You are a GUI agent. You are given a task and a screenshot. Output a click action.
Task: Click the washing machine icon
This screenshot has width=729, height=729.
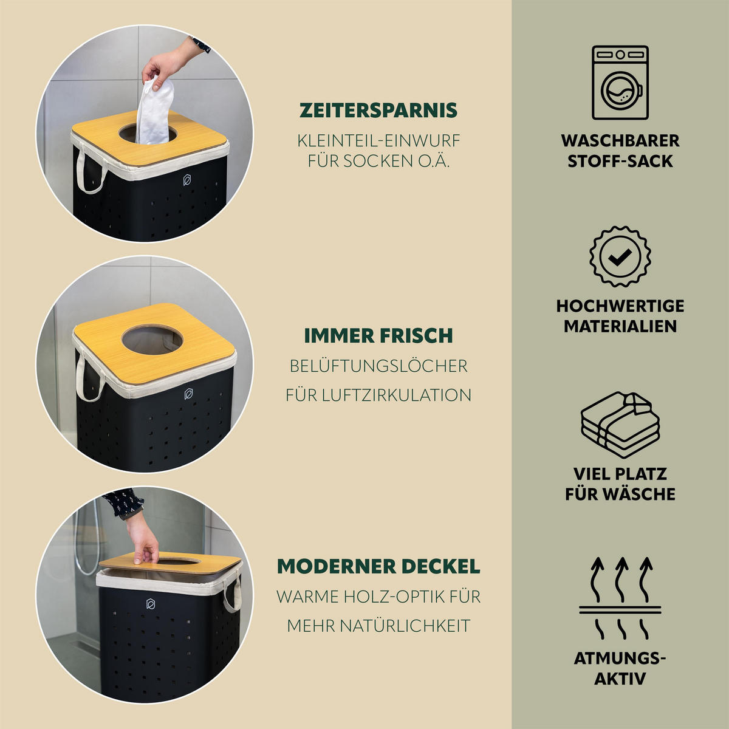coord(620,83)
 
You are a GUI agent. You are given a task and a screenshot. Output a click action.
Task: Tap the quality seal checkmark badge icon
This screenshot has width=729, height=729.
coord(620,256)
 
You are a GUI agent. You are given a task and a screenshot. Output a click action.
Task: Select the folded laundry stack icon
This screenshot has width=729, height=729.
coord(620,425)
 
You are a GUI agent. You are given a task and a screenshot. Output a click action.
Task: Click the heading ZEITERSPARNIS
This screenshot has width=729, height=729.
coord(378,111)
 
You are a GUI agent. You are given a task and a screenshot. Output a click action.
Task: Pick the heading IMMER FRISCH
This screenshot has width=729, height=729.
coord(378,335)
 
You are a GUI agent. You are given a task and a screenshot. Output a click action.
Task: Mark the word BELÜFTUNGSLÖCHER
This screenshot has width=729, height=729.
coord(378,366)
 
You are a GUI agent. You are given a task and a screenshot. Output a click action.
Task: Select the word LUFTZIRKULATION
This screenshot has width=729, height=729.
coord(397,395)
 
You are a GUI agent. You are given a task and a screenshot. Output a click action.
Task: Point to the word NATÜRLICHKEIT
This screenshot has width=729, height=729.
coord(405,625)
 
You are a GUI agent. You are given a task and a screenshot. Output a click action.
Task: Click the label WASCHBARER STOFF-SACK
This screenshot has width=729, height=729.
coord(620,151)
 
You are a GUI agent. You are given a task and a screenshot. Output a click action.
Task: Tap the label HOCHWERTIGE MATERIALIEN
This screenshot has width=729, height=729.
coord(620,317)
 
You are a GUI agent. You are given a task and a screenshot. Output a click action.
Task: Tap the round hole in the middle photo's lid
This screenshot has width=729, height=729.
coord(152,339)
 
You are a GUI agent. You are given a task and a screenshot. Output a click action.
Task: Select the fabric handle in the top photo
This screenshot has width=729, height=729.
coord(90,169)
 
